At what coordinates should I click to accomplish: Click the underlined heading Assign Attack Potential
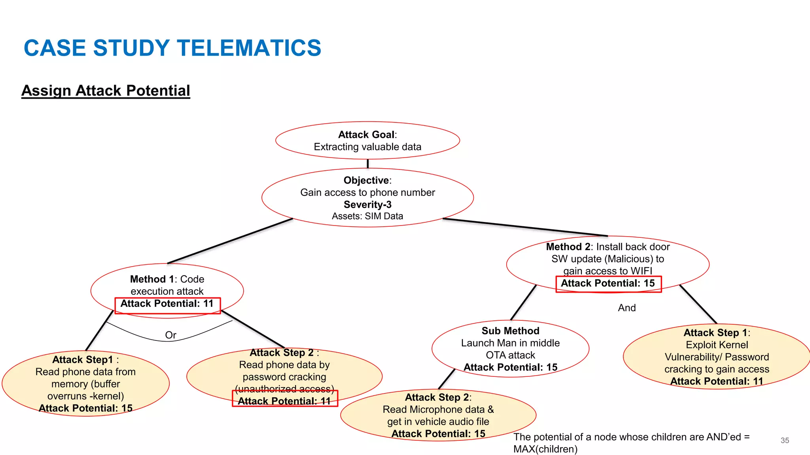coord(106,90)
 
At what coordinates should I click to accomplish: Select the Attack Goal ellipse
coord(367,140)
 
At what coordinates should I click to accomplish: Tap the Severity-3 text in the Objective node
coord(367,205)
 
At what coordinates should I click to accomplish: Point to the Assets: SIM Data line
coord(367,216)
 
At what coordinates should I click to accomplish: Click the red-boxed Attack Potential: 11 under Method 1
coord(167,304)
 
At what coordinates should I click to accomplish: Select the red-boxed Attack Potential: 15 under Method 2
coord(608,283)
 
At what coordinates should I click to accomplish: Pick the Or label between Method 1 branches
coord(170,335)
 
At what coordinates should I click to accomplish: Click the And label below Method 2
coord(627,308)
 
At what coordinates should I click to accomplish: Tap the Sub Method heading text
coord(510,331)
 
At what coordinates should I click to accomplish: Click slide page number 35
coord(785,440)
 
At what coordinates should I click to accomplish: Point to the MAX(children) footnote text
coord(545,449)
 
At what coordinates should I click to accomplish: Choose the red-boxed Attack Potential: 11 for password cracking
coord(284,401)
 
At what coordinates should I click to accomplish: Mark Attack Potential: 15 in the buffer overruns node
coord(85,408)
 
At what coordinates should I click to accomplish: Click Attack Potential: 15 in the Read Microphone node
coord(438,434)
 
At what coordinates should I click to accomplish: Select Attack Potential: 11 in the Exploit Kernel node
coord(717,381)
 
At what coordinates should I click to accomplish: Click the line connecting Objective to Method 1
coord(229,241)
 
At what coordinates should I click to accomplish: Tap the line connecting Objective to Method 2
coord(524,227)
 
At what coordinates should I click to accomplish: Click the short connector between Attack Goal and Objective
coord(368,164)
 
